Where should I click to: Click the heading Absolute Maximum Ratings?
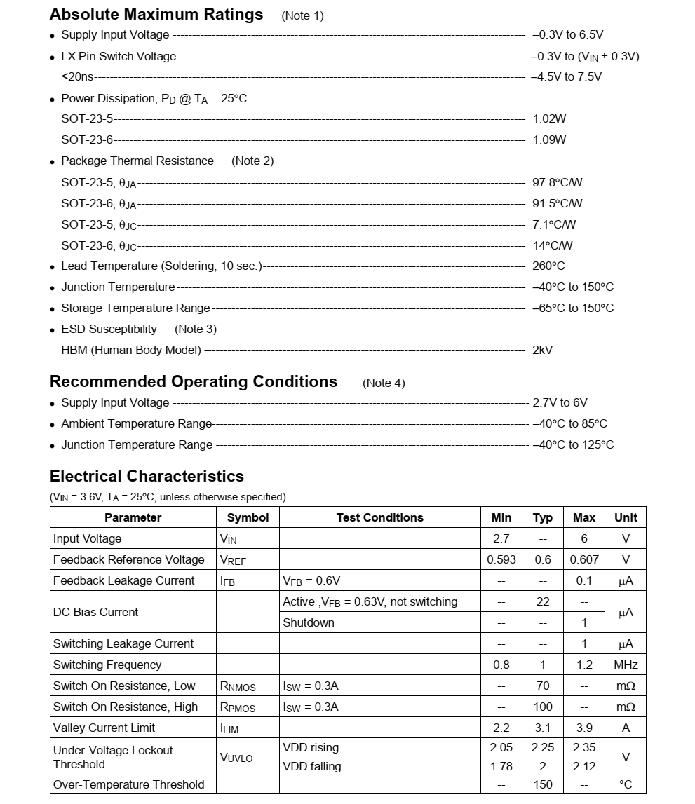pyautogui.click(x=156, y=15)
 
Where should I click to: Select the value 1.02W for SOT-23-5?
pyautogui.click(x=549, y=119)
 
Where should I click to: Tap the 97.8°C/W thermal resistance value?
pyautogui.click(x=557, y=183)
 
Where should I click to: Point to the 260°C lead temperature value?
pyautogui.click(x=548, y=266)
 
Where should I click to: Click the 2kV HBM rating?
pyautogui.click(x=542, y=350)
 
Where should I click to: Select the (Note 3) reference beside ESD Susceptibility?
pyautogui.click(x=196, y=329)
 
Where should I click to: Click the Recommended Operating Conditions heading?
pyautogui.click(x=194, y=382)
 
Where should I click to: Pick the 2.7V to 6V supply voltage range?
pyautogui.click(x=560, y=403)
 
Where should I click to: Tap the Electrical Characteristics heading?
pyautogui.click(x=147, y=477)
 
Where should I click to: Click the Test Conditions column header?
pyautogui.click(x=379, y=518)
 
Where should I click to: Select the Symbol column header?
pyautogui.click(x=248, y=518)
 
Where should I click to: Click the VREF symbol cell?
pyautogui.click(x=233, y=560)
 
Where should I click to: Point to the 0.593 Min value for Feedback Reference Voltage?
pyautogui.click(x=501, y=560)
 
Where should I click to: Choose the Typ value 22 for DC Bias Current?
pyautogui.click(x=542, y=602)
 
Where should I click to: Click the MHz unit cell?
pyautogui.click(x=626, y=665)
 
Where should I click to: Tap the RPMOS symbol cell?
pyautogui.click(x=238, y=707)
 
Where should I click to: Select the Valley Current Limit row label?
pyautogui.click(x=104, y=728)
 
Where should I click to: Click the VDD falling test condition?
pyautogui.click(x=311, y=767)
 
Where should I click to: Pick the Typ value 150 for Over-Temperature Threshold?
pyautogui.click(x=542, y=785)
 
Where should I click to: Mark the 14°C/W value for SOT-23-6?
pyautogui.click(x=552, y=246)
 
